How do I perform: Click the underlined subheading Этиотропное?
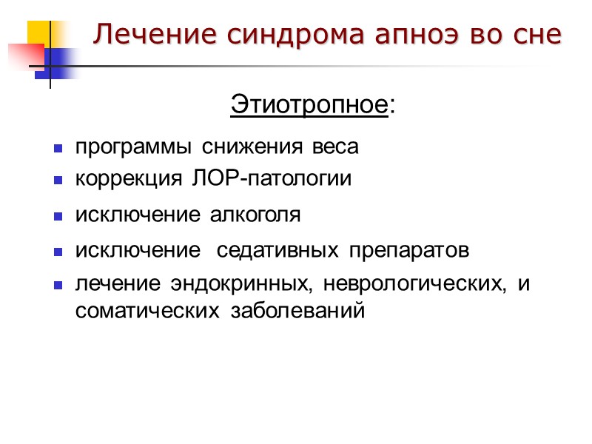(x=309, y=105)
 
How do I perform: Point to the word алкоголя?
(x=256, y=215)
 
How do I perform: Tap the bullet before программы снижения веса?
(x=57, y=149)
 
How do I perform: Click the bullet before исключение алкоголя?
(x=57, y=217)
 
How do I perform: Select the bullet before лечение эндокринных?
(x=57, y=286)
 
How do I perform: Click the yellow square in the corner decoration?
(x=41, y=33)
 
